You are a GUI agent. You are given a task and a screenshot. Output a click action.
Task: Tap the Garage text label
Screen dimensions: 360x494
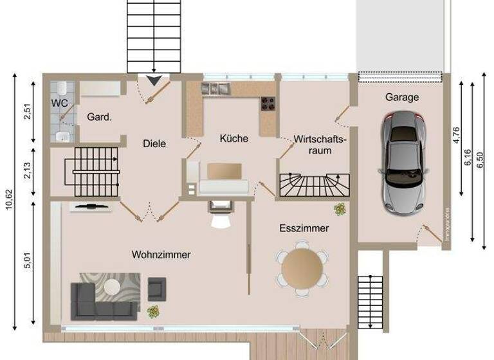[402, 98]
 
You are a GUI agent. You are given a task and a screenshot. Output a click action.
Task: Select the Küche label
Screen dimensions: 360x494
[233, 138]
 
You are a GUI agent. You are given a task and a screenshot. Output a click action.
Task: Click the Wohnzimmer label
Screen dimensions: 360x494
[161, 255]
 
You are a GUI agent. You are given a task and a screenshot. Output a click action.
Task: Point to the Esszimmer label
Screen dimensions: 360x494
[304, 228]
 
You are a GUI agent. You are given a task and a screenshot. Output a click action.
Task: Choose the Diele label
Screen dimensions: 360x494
[154, 143]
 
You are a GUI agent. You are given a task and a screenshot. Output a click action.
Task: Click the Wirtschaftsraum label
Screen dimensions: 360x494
[320, 145]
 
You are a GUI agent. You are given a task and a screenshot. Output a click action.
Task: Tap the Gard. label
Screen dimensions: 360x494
[100, 117]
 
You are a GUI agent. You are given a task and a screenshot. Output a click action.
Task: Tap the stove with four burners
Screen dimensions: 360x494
[268, 103]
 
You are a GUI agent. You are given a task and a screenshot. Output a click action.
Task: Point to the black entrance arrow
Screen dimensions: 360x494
[154, 80]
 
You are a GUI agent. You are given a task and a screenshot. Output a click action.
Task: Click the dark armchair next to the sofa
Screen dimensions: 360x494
[156, 289]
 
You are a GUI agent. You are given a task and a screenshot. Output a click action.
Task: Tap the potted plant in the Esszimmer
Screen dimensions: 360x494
[340, 209]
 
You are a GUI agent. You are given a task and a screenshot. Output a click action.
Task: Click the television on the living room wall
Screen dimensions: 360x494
[89, 207]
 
